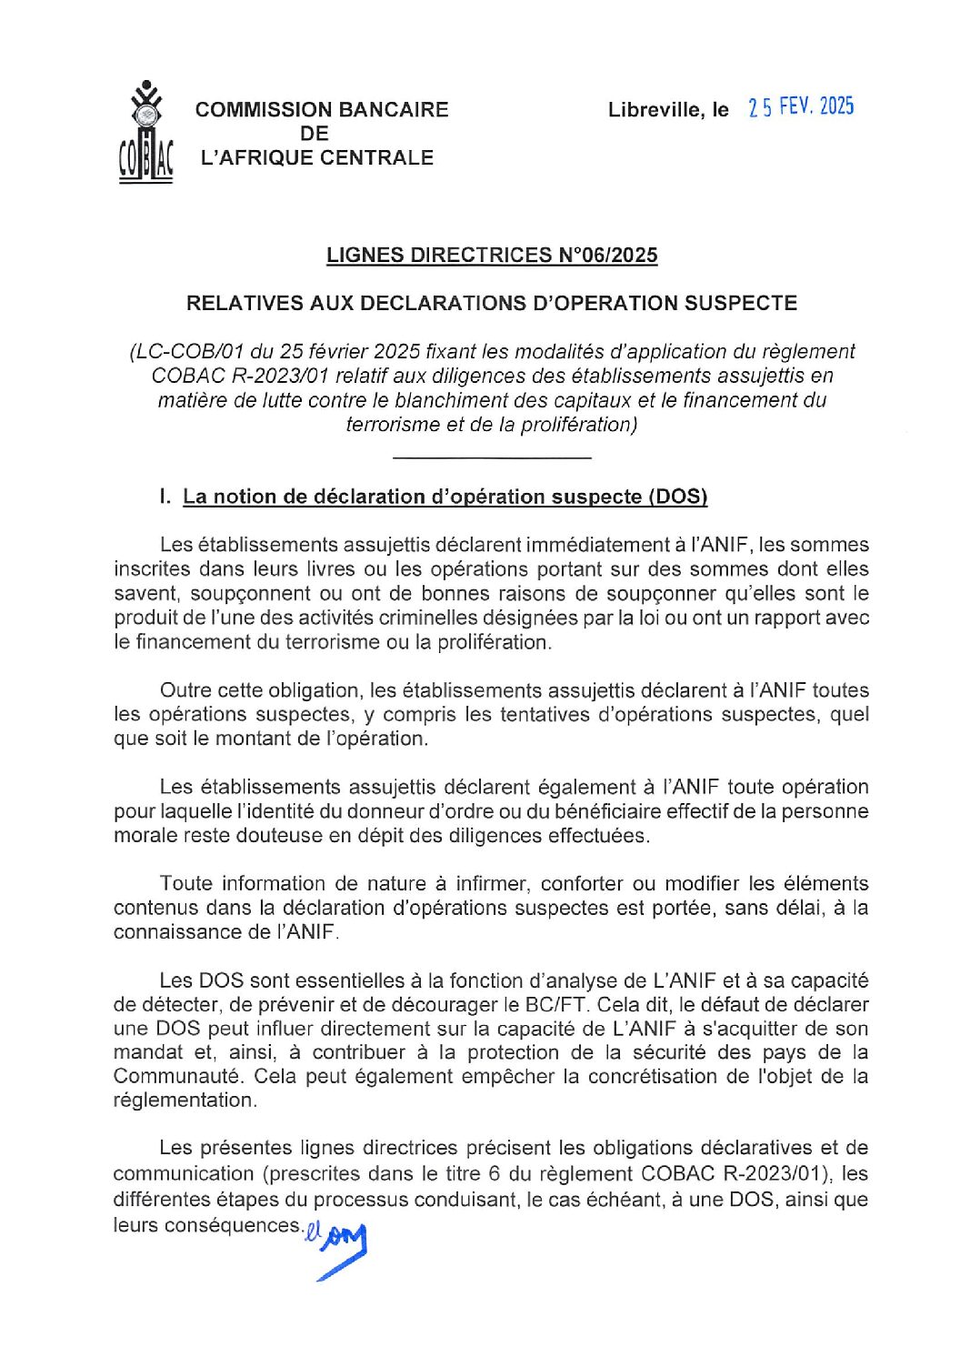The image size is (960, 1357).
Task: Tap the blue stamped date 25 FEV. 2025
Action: [x=801, y=107]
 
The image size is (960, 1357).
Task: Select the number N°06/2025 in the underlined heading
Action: [x=607, y=255]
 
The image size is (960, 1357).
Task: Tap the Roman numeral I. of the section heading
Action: [x=164, y=497]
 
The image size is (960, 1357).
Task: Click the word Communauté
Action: [x=178, y=1076]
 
